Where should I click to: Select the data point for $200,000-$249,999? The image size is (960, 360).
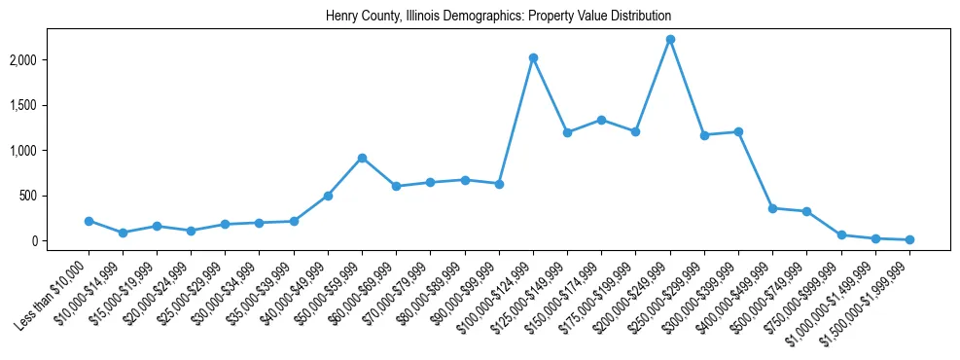tap(670, 40)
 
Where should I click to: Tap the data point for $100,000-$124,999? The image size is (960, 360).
tap(533, 58)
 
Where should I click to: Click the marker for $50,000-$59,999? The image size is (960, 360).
tap(362, 158)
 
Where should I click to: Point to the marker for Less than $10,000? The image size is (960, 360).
tap(89, 221)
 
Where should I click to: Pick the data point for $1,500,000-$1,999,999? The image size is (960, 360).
tap(909, 239)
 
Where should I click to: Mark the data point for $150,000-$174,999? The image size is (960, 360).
tap(601, 120)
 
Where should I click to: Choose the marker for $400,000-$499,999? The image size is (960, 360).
tap(772, 208)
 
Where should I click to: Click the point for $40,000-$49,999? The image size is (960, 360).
tap(328, 196)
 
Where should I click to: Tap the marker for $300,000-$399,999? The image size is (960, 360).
tap(738, 131)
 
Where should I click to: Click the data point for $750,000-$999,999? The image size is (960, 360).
tap(841, 235)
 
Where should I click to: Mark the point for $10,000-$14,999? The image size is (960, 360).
tap(123, 233)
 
